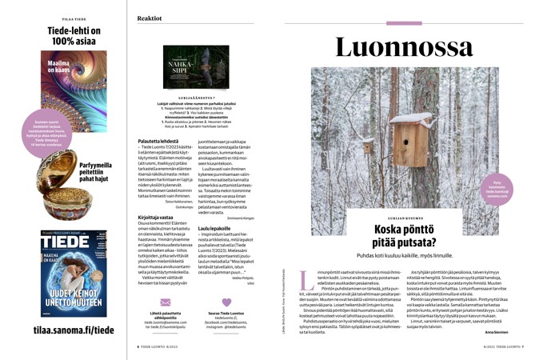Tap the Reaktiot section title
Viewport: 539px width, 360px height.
[x=150, y=18]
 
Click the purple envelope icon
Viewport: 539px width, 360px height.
[x=166, y=302]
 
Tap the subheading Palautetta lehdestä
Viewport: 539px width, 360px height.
[x=159, y=140]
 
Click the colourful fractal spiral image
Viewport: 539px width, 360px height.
[x=74, y=80]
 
